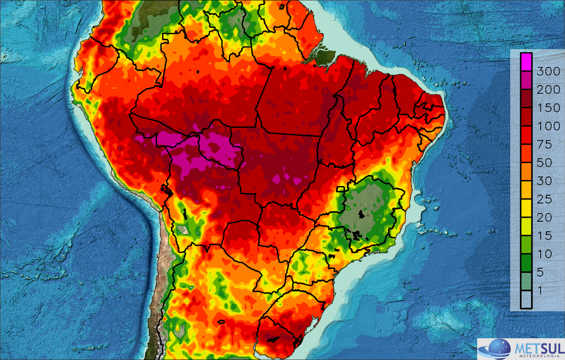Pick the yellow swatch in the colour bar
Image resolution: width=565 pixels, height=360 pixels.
(x=526, y=208)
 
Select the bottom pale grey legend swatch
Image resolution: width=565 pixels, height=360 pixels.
(x=526, y=299)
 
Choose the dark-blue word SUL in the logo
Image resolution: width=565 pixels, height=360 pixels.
(x=551, y=348)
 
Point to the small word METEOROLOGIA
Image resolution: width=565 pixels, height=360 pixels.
(x=539, y=357)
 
